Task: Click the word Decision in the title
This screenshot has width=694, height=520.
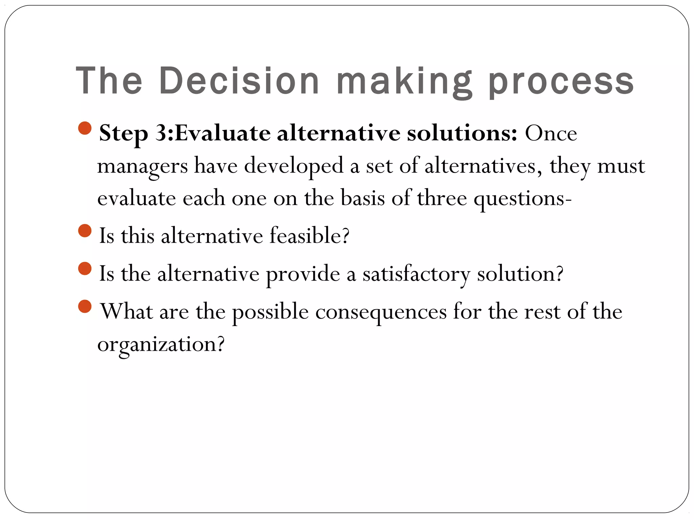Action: point(239,81)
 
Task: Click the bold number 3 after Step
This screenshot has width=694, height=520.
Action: point(161,133)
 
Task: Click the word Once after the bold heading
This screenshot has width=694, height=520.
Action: point(551,133)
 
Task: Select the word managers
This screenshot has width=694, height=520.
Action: point(142,167)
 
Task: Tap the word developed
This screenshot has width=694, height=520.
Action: point(294,167)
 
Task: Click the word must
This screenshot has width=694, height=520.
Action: point(621,166)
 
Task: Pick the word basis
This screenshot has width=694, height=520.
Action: point(363,198)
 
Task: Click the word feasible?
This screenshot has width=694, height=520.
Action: point(309,236)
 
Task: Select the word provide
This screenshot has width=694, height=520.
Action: point(303,274)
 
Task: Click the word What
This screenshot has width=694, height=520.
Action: point(127,311)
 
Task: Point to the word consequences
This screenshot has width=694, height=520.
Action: point(381,312)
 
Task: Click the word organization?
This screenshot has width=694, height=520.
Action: point(161,345)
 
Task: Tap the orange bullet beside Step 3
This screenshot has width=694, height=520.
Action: point(85,128)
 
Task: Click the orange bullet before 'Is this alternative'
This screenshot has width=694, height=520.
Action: point(85,231)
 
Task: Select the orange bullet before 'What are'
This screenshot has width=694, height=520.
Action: point(85,307)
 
